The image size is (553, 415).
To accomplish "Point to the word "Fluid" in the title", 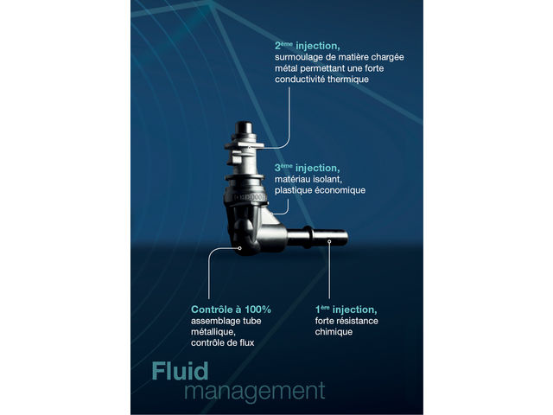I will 180,371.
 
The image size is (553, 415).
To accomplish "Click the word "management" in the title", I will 255,390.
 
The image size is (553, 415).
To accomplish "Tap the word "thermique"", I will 343,79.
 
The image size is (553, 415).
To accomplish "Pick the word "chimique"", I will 334,332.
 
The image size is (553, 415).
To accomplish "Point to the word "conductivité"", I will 303,79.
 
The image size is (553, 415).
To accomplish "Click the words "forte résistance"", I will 346,321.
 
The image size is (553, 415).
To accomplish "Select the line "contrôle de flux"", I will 222,343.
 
